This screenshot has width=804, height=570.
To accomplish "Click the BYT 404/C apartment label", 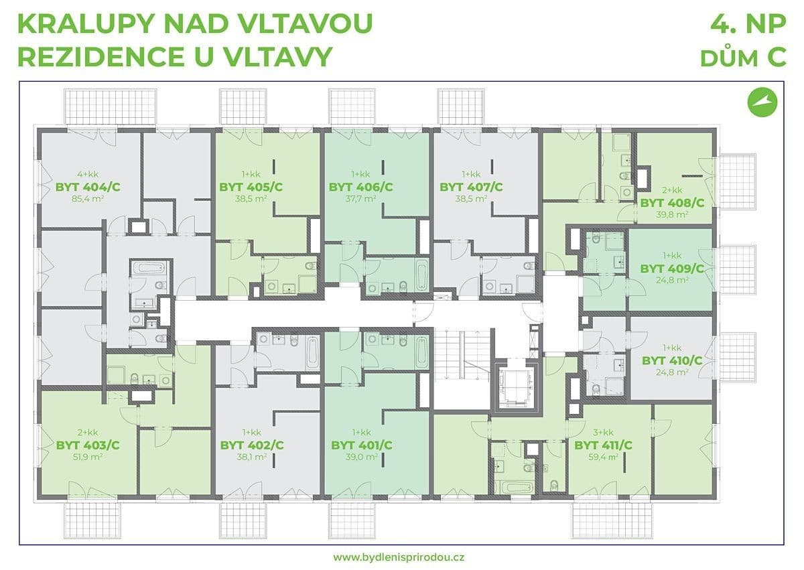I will tap(88, 187).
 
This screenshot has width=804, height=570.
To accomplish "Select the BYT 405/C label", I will tap(251, 187).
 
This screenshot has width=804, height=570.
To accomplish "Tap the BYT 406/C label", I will tap(360, 187).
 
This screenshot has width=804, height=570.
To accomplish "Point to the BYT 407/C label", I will tap(471, 187).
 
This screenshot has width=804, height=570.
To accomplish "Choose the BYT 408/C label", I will tap(672, 202).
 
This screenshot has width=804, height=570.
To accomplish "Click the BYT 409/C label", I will tap(672, 269).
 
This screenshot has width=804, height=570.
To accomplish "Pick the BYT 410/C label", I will tap(672, 360).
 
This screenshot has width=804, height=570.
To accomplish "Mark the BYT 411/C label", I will tap(603, 445).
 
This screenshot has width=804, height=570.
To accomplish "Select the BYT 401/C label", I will tap(362, 445).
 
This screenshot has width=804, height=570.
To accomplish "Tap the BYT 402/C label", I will tap(252, 445).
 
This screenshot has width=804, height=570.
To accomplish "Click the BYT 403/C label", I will tap(88, 445).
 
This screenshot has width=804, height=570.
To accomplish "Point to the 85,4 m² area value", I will tap(88, 199).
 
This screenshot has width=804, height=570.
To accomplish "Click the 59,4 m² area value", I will tap(603, 457).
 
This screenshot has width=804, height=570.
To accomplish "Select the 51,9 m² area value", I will tap(88, 457).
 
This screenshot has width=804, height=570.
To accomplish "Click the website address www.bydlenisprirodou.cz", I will tap(401, 557).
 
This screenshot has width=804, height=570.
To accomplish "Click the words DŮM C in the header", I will tap(743, 58).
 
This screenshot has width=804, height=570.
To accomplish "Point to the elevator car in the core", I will tap(515, 386).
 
